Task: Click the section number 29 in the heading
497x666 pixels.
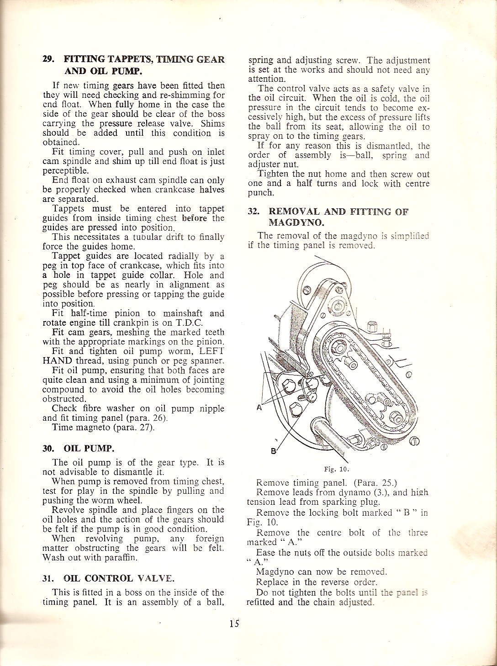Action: [48, 59]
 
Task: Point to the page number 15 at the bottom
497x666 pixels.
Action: [235, 624]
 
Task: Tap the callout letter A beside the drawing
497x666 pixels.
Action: [259, 408]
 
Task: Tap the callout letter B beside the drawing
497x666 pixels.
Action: [274, 451]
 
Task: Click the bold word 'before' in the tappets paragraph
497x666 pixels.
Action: [195, 218]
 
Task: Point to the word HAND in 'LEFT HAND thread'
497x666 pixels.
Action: [54, 361]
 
